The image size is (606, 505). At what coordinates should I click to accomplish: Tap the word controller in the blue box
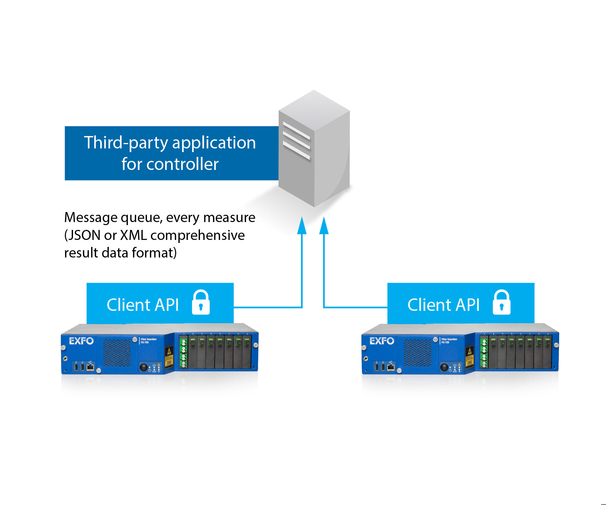tap(182, 164)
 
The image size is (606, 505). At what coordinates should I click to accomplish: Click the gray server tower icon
tap(314, 148)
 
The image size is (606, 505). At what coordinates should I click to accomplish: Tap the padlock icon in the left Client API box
tap(201, 303)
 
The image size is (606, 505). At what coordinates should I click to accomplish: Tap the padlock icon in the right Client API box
tap(501, 303)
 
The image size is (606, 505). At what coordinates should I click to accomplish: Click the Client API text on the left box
tap(143, 305)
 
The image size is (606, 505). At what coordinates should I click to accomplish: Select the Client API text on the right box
tap(443, 305)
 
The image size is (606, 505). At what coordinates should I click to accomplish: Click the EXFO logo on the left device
tap(81, 341)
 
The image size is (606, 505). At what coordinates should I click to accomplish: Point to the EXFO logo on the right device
tap(382, 341)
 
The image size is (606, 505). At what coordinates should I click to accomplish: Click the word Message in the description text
tap(91, 218)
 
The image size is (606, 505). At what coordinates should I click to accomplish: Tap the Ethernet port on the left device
tap(90, 367)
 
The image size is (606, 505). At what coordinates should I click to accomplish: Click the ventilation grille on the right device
tap(417, 353)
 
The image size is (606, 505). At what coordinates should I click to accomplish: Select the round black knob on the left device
tap(143, 367)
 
